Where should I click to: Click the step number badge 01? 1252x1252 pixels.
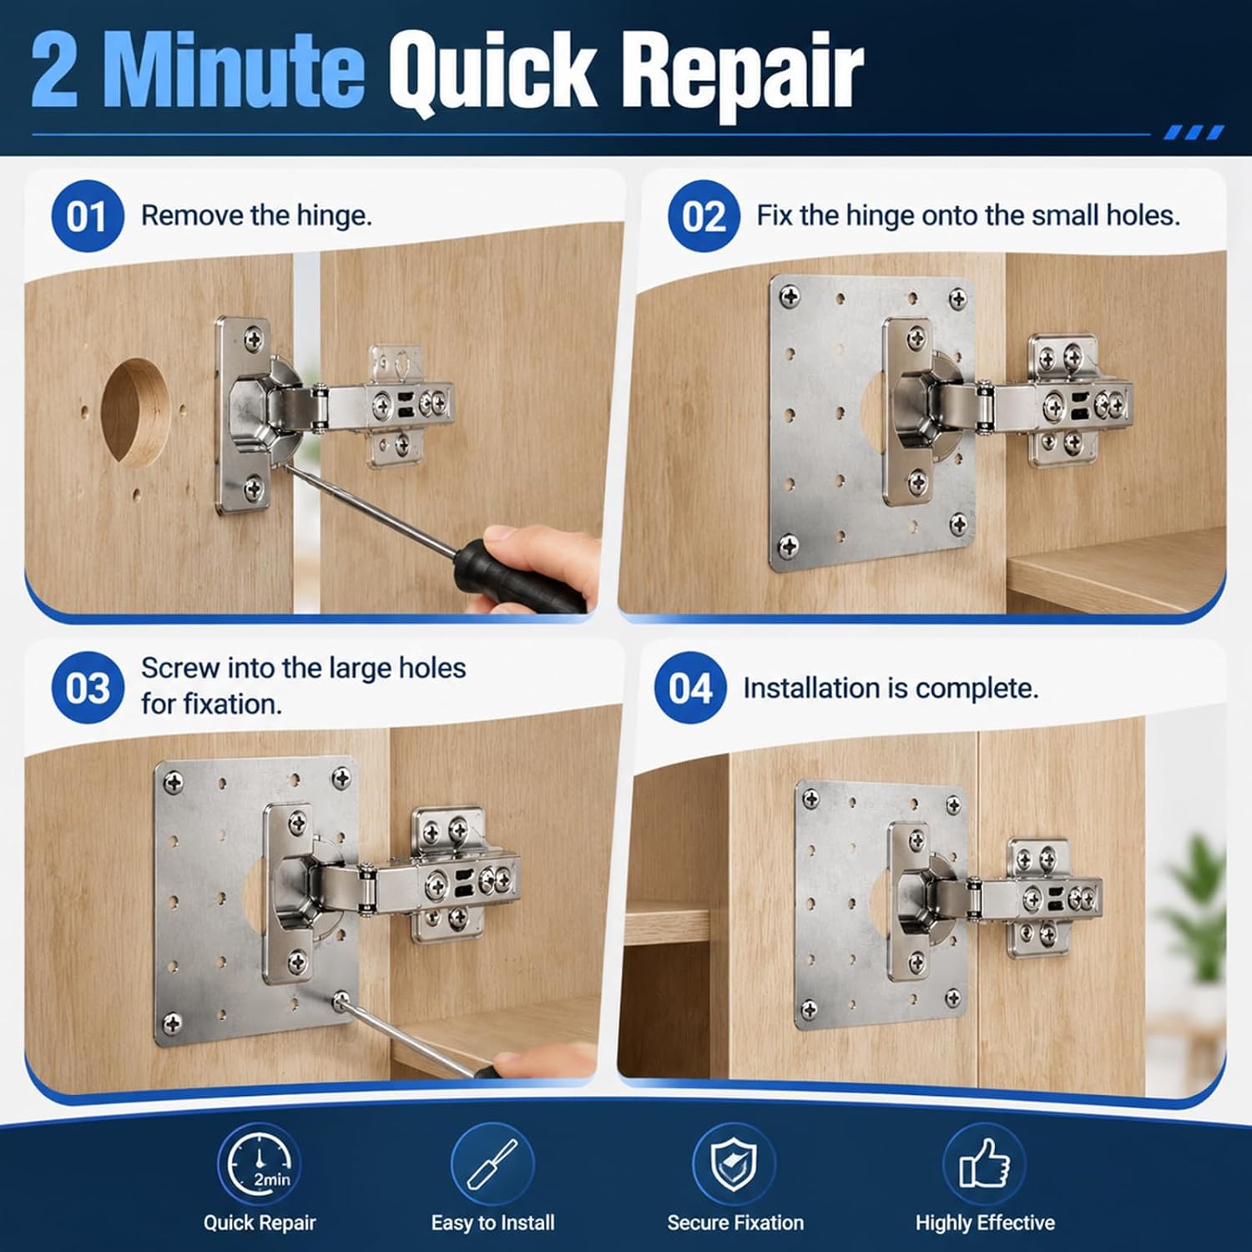[x=87, y=216]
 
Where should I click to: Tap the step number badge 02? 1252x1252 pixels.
[x=704, y=216]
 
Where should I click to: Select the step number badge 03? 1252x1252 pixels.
[x=87, y=688]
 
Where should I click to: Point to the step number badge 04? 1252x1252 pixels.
[x=690, y=688]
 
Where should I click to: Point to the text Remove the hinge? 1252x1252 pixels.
[x=256, y=215]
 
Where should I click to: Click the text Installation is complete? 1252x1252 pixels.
[x=891, y=688]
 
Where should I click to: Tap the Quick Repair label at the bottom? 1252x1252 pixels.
[x=260, y=1223]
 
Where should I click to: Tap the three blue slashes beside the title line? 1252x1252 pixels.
[x=1194, y=133]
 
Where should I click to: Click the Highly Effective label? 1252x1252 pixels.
[x=985, y=1223]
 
